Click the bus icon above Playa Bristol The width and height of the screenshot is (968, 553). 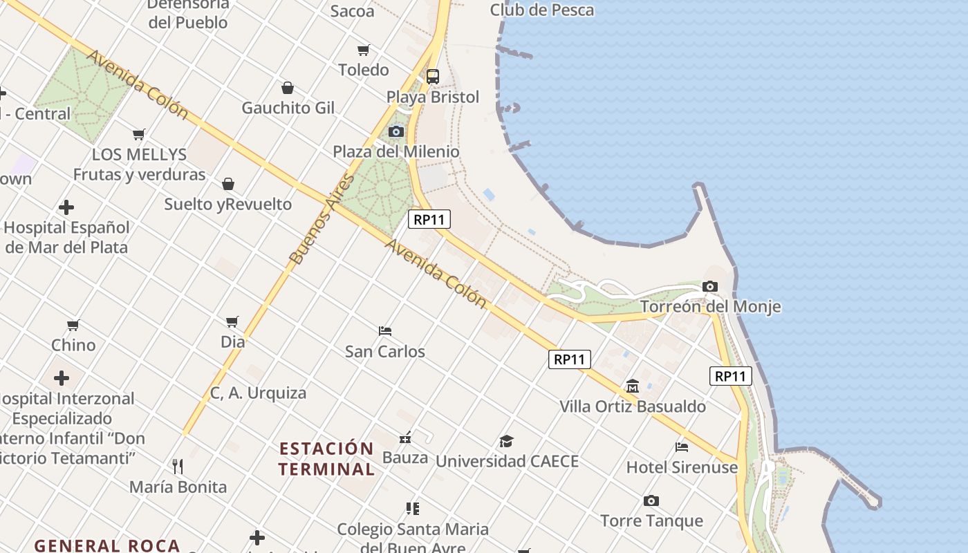point(433,77)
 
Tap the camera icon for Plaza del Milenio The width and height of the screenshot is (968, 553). point(396,131)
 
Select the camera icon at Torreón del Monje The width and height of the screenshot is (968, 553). point(710,286)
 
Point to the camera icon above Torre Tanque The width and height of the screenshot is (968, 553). point(651,500)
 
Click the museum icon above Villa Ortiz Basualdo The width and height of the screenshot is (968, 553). point(633,386)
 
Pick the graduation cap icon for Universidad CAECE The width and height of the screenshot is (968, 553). point(507,441)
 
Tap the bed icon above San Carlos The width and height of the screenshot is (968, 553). point(385,331)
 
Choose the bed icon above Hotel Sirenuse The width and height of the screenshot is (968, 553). point(682,447)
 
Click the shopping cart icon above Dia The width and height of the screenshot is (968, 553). point(232,321)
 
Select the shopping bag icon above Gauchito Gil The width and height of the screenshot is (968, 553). point(288,88)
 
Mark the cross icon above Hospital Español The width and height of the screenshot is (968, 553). point(66,207)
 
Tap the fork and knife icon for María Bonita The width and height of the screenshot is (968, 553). point(178,467)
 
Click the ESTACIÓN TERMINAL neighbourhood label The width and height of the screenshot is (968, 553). point(326,458)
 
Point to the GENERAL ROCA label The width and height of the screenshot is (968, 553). point(107,545)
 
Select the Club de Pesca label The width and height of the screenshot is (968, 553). point(541,10)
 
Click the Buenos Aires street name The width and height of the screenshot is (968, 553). point(322,220)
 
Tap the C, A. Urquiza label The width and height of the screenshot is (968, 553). point(258,393)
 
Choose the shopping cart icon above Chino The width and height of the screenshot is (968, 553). point(73,325)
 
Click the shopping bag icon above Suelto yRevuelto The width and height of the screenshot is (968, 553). point(228,184)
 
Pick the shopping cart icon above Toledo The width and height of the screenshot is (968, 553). point(364,50)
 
